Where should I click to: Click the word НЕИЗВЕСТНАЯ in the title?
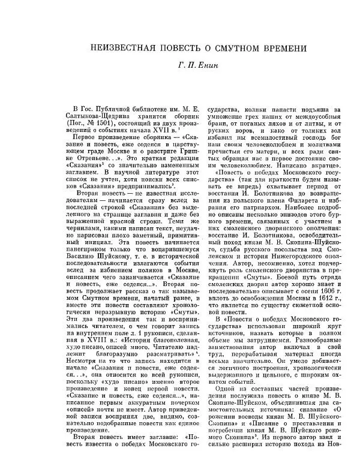pyautogui.click(x=124, y=48)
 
